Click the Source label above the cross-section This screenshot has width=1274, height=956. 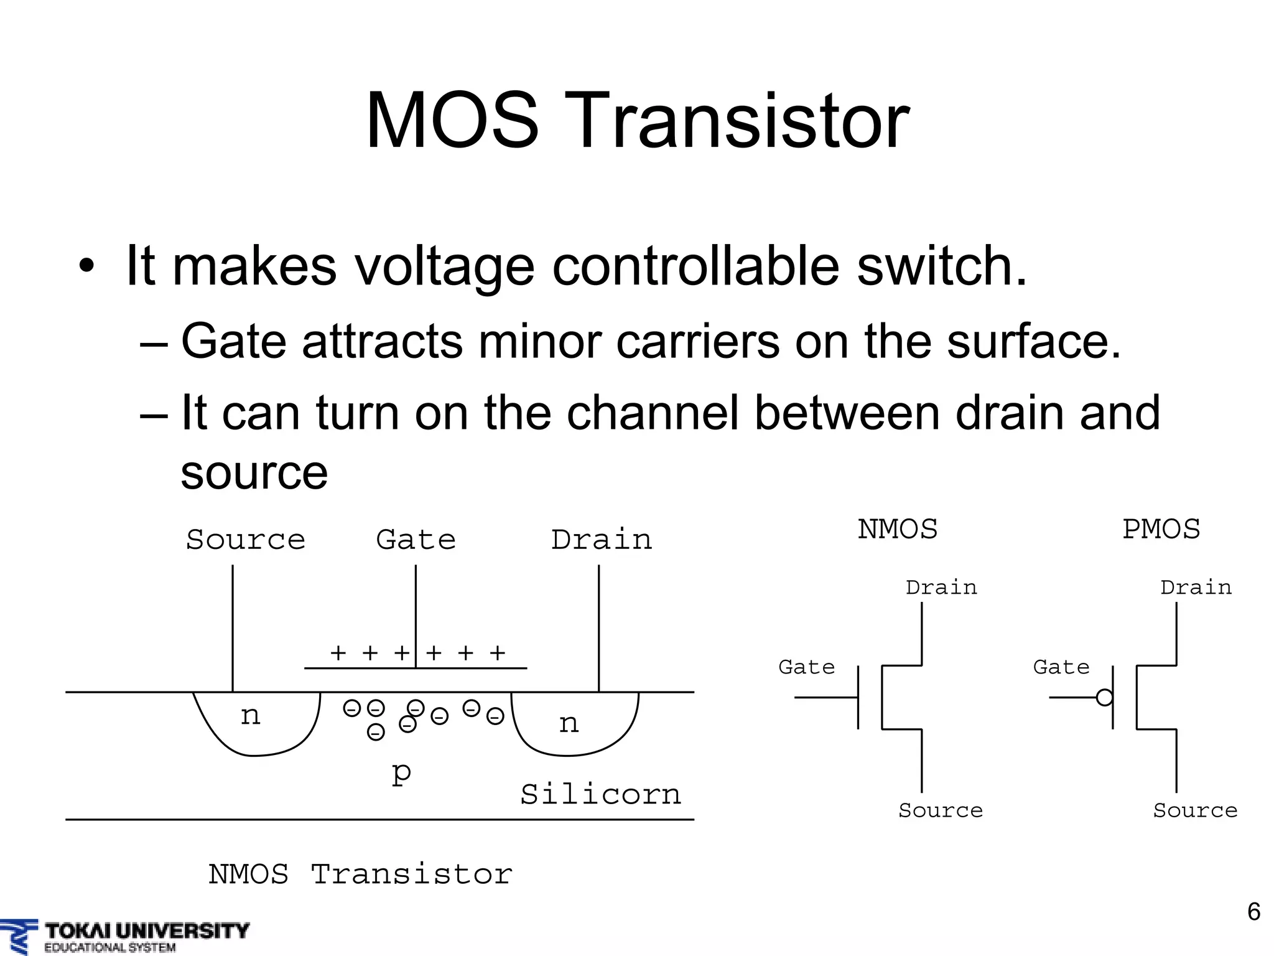246,540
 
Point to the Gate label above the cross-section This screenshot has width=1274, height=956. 416,540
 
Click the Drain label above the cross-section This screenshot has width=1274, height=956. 602,540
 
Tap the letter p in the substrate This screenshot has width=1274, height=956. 401,772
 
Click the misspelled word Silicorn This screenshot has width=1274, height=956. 600,795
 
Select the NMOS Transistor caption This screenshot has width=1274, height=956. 360,874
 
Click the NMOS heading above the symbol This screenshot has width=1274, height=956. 897,530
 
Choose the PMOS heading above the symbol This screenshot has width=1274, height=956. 1161,530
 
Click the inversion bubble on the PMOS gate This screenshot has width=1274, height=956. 1104,698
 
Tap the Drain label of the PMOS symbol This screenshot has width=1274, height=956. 1196,588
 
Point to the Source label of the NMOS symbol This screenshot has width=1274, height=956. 940,810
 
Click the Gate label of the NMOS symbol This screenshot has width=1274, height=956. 806,667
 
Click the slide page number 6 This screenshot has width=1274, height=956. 1253,912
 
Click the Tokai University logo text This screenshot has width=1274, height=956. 147,932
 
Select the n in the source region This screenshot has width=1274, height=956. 250,716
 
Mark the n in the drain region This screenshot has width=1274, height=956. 569,723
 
